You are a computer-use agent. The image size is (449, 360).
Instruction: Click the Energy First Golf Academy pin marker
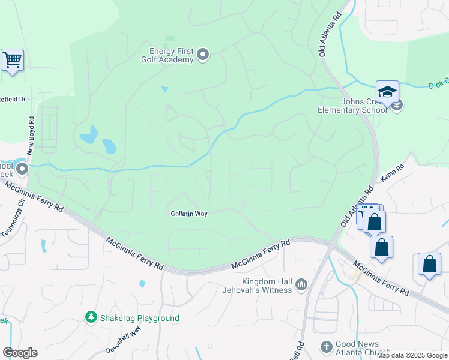pos(203,55)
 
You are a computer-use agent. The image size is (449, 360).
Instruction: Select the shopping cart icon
pos(12,60)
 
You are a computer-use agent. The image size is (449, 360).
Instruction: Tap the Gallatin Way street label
pos(188,214)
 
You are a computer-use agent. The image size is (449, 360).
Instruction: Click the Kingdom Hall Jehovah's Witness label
pos(267,286)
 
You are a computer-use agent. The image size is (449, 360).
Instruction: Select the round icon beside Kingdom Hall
pos(301,283)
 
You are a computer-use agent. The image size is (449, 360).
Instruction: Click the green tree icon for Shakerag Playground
pos(91,317)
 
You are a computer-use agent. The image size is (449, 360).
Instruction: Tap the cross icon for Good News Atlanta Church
pos(326,347)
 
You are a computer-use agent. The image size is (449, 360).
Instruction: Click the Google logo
pos(19,353)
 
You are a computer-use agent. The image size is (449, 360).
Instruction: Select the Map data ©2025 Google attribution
pos(412,355)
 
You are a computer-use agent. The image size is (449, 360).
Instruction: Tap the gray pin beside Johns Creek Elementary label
pos(397,106)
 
